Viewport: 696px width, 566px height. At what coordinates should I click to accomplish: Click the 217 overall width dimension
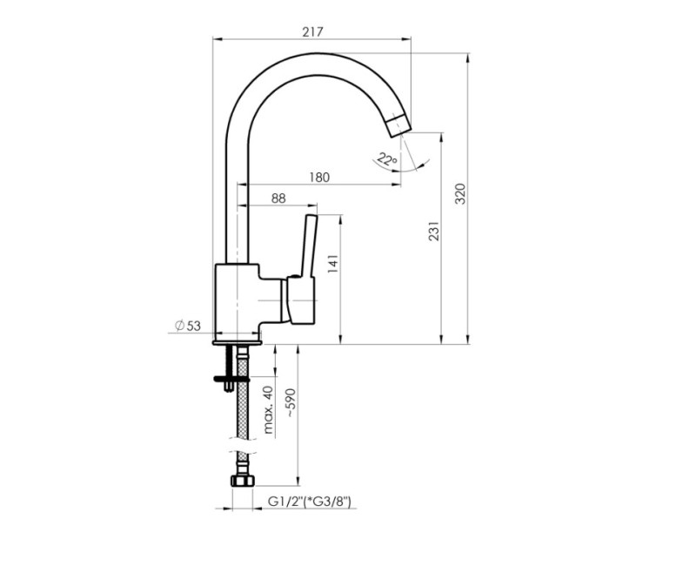click(313, 31)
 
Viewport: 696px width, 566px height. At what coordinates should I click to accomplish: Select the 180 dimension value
click(319, 178)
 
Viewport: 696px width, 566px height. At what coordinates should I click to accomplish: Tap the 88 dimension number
click(278, 199)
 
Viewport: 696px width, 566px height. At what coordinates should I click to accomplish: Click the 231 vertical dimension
click(434, 231)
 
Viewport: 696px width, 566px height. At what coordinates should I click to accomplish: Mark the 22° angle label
click(385, 158)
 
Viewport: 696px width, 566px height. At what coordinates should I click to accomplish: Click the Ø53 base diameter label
click(187, 326)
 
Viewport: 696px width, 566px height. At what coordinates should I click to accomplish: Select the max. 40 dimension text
click(269, 409)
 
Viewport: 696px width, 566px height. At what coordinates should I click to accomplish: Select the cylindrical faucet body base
click(238, 301)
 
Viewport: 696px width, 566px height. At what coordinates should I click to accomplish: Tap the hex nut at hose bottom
click(241, 481)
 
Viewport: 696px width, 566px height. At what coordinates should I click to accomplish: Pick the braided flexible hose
click(242, 418)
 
